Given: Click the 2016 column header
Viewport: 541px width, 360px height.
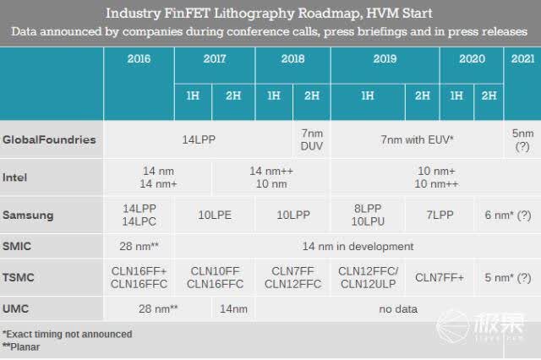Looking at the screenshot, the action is tap(139, 58).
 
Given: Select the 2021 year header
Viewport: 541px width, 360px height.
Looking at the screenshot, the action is tap(522, 58).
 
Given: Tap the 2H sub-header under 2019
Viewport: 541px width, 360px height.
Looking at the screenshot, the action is tap(423, 95).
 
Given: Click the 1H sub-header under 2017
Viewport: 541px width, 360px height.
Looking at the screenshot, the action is tap(193, 95).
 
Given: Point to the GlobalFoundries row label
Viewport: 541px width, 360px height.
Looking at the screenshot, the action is tap(49, 139).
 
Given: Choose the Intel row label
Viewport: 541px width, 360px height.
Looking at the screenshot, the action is tap(14, 177).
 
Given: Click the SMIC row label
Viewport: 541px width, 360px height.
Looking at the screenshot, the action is tap(17, 246).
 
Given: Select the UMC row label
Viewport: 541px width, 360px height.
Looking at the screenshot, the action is tap(15, 308).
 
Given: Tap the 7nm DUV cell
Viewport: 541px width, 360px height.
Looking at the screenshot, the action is tap(312, 139).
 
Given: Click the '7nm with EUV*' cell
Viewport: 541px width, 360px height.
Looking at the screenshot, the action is tap(417, 139).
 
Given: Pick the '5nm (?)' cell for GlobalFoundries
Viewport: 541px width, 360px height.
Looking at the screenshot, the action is tap(522, 139).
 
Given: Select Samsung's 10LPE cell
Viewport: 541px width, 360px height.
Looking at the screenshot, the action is tap(215, 215).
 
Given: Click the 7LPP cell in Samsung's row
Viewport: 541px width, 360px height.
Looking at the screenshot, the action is tap(440, 215).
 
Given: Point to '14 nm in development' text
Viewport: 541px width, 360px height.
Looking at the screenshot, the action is tap(358, 246).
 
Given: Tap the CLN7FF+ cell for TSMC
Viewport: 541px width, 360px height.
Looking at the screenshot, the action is tap(440, 277).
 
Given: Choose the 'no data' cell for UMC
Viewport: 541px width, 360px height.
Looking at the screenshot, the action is tap(398, 309).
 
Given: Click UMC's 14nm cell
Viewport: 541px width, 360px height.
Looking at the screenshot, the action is tap(233, 309).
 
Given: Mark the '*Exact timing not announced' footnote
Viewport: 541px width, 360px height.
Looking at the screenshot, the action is tap(68, 334).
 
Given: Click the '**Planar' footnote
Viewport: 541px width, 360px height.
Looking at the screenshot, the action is tap(21, 346).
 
